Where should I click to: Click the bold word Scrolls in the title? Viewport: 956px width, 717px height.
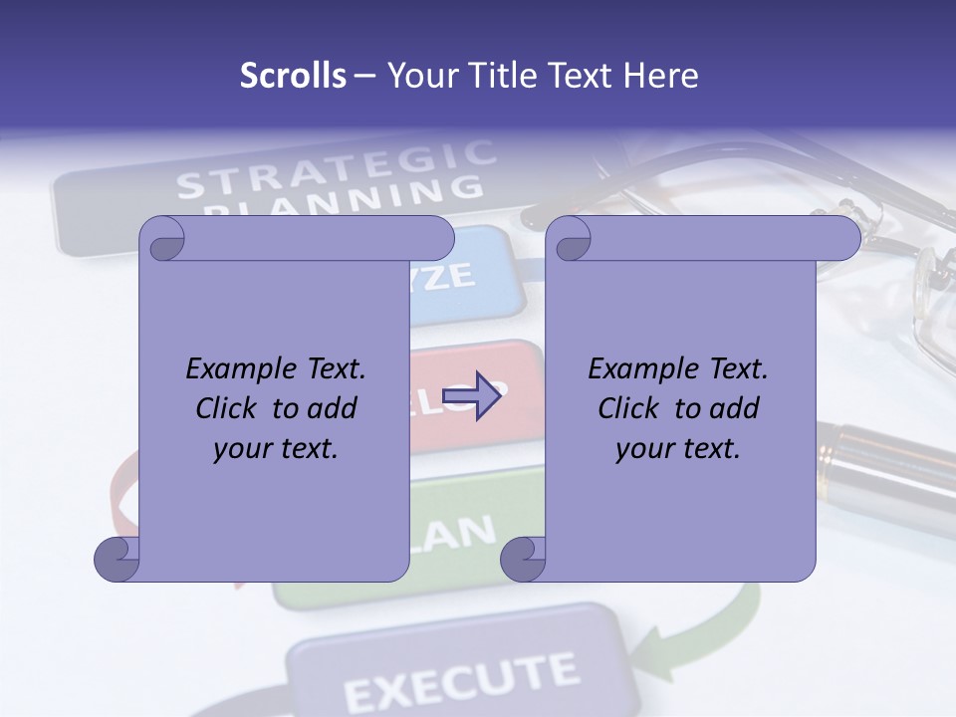click(x=293, y=76)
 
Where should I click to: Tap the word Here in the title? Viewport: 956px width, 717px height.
click(x=660, y=76)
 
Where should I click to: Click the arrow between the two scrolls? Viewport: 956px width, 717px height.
click(x=471, y=396)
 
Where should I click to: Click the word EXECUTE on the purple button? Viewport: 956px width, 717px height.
click(x=460, y=680)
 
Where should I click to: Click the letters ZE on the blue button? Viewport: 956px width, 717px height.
click(x=453, y=277)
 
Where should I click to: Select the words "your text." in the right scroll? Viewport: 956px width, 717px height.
click(x=678, y=448)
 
